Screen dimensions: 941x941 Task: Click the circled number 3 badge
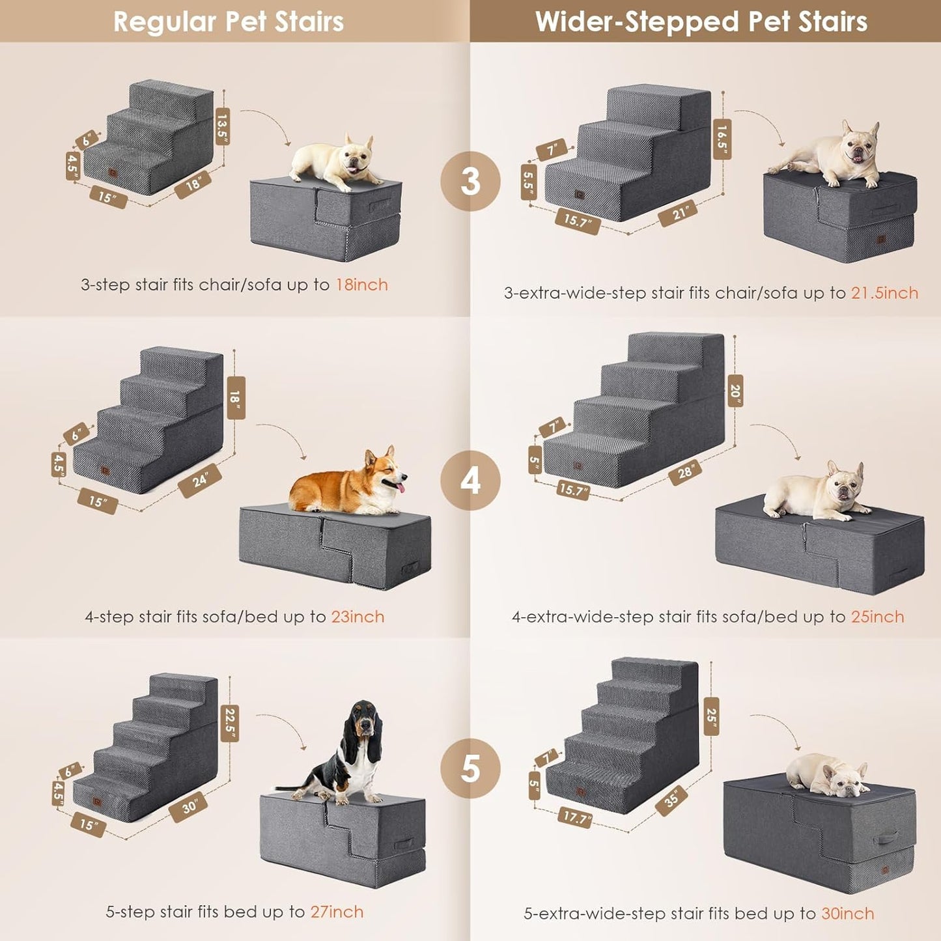click(470, 181)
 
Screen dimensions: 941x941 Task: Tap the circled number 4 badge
click(470, 481)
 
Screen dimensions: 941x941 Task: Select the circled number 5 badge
click(470, 768)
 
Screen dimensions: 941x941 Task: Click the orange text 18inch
click(361, 285)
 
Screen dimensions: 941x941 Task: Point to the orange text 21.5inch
click(884, 293)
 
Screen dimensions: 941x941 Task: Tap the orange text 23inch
click(358, 617)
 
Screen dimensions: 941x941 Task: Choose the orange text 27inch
click(337, 912)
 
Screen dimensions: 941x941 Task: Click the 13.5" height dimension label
click(223, 126)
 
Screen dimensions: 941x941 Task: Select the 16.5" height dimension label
click(722, 139)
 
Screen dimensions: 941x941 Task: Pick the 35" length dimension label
click(672, 798)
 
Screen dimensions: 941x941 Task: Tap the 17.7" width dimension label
click(575, 817)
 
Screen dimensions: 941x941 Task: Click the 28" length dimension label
click(685, 471)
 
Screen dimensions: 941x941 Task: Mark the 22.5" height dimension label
click(230, 723)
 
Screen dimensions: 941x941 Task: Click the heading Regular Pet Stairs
click(229, 21)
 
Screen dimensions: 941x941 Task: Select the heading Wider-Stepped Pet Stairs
click(701, 21)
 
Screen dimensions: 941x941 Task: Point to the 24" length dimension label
click(200, 481)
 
